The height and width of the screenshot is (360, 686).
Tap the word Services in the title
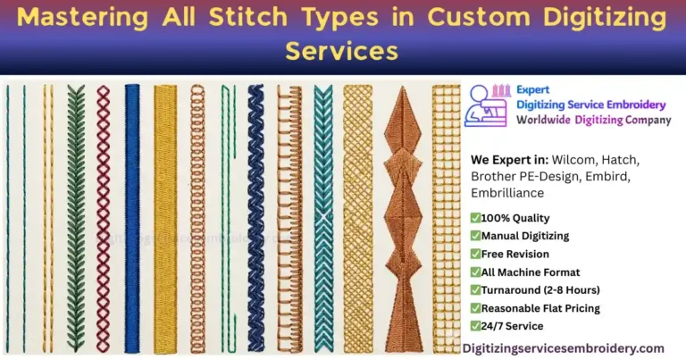click(x=341, y=51)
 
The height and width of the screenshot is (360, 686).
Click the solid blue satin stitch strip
click(x=132, y=214)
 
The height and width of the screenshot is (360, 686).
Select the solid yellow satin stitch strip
click(x=164, y=214)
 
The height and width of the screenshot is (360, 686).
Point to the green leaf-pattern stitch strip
click(x=75, y=214)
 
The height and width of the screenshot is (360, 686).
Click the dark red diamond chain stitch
click(x=103, y=214)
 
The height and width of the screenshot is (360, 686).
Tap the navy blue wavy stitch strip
click(x=255, y=214)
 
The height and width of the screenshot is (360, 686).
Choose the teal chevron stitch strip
click(x=322, y=214)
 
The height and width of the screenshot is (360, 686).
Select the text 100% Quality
click(x=515, y=218)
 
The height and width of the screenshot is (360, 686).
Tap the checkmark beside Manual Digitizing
click(x=475, y=236)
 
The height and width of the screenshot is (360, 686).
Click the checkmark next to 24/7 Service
click(x=475, y=326)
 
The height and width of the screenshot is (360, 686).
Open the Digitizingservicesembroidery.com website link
click(x=563, y=347)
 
